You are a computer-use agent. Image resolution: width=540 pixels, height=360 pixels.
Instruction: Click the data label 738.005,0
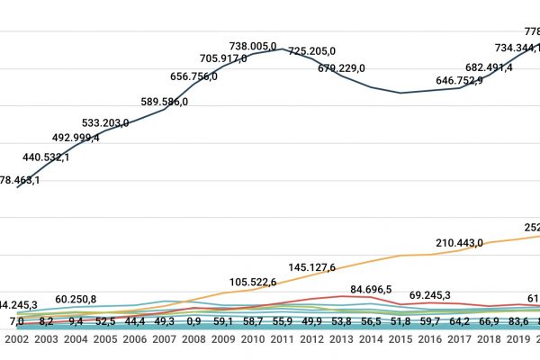point(253,46)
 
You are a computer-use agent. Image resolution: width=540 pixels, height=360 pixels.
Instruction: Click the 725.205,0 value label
point(311,51)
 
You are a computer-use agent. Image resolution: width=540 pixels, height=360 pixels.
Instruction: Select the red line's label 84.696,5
point(371,290)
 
